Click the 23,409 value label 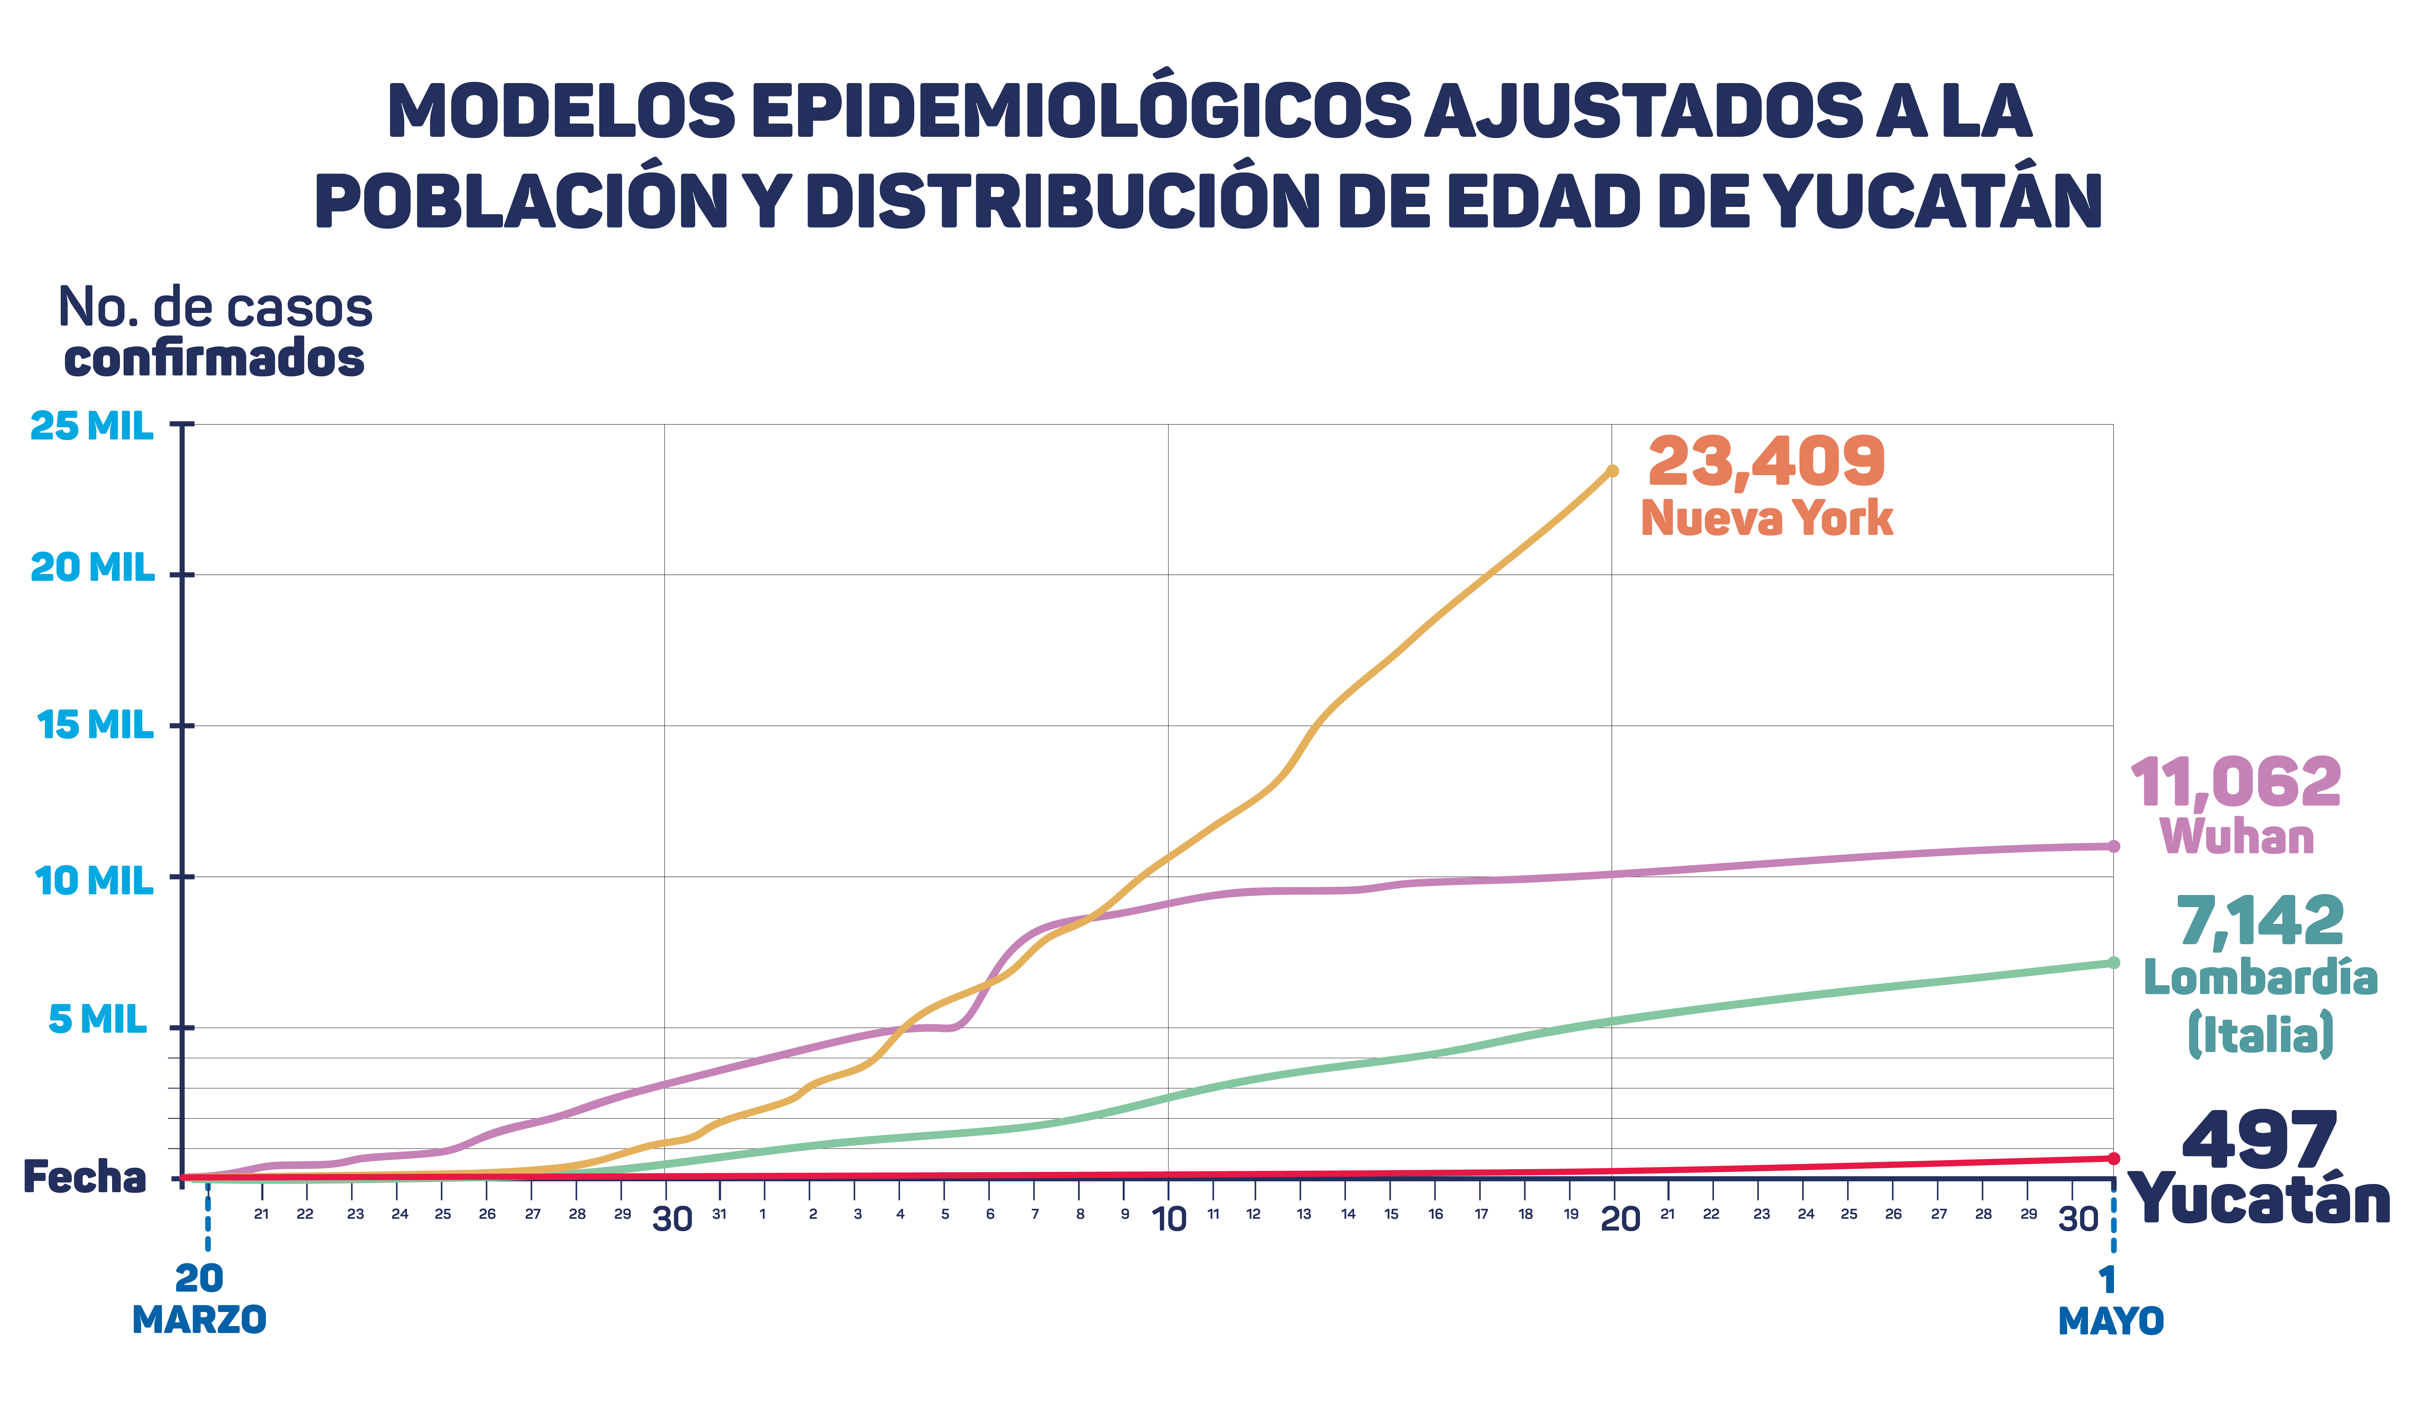tap(1766, 462)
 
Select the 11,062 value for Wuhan tap(2235, 782)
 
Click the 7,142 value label tap(2260, 922)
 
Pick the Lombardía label tap(2260, 978)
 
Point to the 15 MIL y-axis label tap(95, 725)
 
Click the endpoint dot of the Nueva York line tap(1612, 471)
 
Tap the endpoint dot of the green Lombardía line tap(2113, 963)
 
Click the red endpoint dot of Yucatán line tap(2113, 1158)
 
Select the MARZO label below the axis tap(199, 1320)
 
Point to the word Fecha tap(84, 1177)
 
